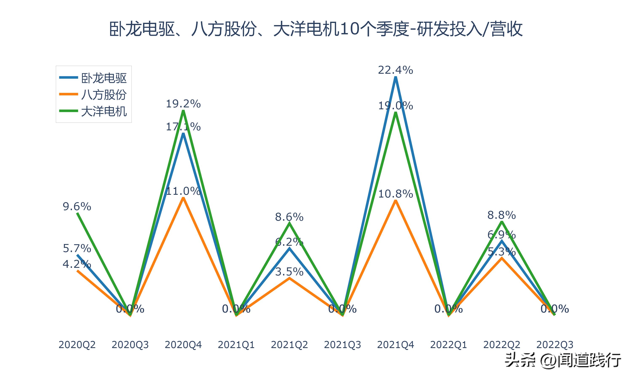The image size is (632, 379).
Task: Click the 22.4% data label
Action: coord(395,70)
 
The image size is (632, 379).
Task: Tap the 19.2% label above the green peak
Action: coord(183,104)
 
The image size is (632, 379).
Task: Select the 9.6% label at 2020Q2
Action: coord(77,207)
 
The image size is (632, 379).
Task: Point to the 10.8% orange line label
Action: coord(395,194)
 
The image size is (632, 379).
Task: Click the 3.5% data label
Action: coord(289,272)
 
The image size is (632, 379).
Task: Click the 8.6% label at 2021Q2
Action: coord(289,217)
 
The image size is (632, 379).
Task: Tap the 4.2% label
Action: coord(77,264)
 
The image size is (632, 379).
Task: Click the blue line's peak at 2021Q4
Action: coord(395,78)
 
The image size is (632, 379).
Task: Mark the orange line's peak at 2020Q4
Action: coord(183,198)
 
